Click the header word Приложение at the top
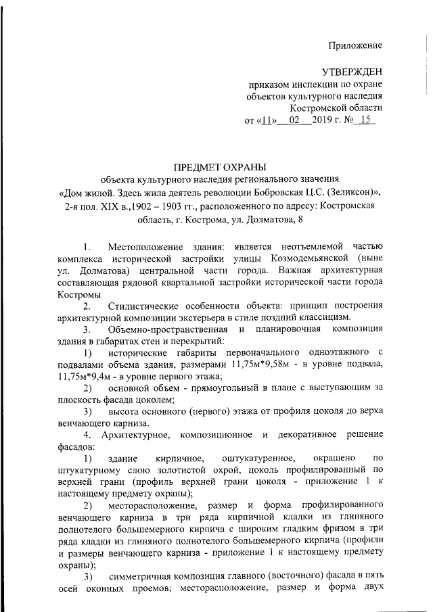pos(355,45)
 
